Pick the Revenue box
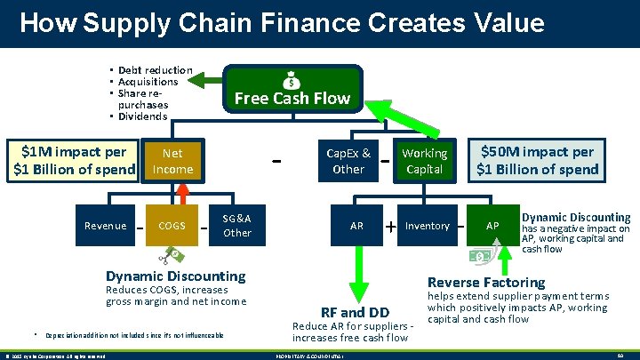tap(105, 226)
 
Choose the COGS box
tap(171, 226)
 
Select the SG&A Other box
tap(237, 225)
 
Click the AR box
tap(356, 226)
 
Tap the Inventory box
tap(428, 226)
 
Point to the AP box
tap(492, 226)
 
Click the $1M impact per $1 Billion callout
tap(72, 161)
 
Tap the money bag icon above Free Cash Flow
tap(292, 78)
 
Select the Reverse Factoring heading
tap(486, 283)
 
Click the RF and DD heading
tap(354, 312)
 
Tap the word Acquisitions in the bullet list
tap(148, 82)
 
